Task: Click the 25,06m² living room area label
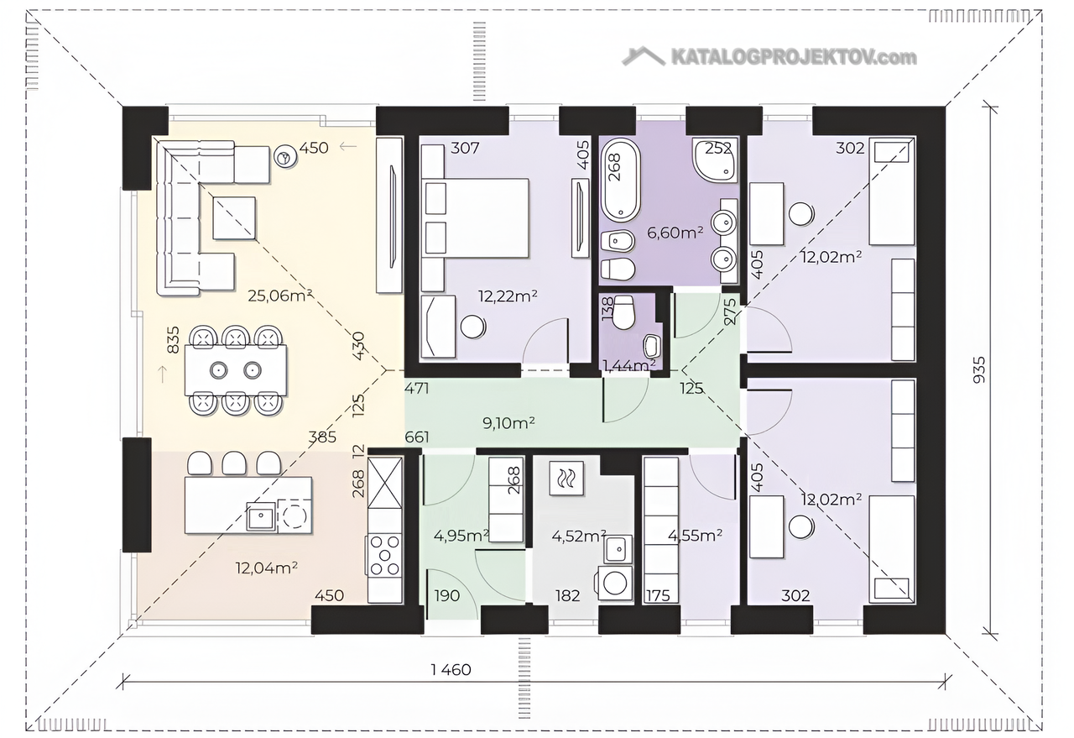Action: tap(280, 296)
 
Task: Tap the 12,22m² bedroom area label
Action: tap(508, 296)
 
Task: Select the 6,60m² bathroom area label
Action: tap(675, 233)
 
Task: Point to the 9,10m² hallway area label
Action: tap(508, 423)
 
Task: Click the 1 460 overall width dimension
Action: tap(451, 669)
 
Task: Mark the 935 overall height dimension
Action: tap(980, 369)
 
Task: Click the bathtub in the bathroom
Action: tap(622, 180)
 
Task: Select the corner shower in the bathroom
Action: tap(715, 160)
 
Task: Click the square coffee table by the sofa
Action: tap(234, 217)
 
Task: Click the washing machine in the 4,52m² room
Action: tap(614, 583)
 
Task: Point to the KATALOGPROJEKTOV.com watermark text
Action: tap(794, 58)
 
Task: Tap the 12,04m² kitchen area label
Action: tap(267, 568)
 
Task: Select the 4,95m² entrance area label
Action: tap(461, 536)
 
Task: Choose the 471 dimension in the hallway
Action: tap(417, 388)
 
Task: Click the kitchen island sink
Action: tap(261, 516)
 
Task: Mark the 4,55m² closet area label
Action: tap(696, 536)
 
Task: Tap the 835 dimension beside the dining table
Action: tap(173, 340)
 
